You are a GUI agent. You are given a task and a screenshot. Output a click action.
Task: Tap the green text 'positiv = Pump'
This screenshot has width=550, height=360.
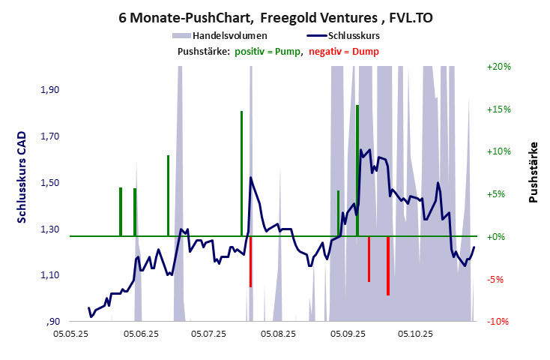tap(268, 51)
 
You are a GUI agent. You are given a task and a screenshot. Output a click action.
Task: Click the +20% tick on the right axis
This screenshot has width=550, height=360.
tap(498, 67)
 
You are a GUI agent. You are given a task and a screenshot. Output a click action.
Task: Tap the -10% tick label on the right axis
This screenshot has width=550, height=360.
tap(498, 322)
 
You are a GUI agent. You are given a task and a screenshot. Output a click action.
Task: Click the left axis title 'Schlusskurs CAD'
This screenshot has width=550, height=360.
tap(22, 177)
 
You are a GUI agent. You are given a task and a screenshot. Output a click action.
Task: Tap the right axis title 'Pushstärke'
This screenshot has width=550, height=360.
tap(534, 172)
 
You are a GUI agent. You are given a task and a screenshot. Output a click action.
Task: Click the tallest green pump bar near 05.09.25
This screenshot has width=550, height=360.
tap(357, 169)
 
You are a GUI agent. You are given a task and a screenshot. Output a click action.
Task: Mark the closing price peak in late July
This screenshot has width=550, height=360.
tap(250, 178)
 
